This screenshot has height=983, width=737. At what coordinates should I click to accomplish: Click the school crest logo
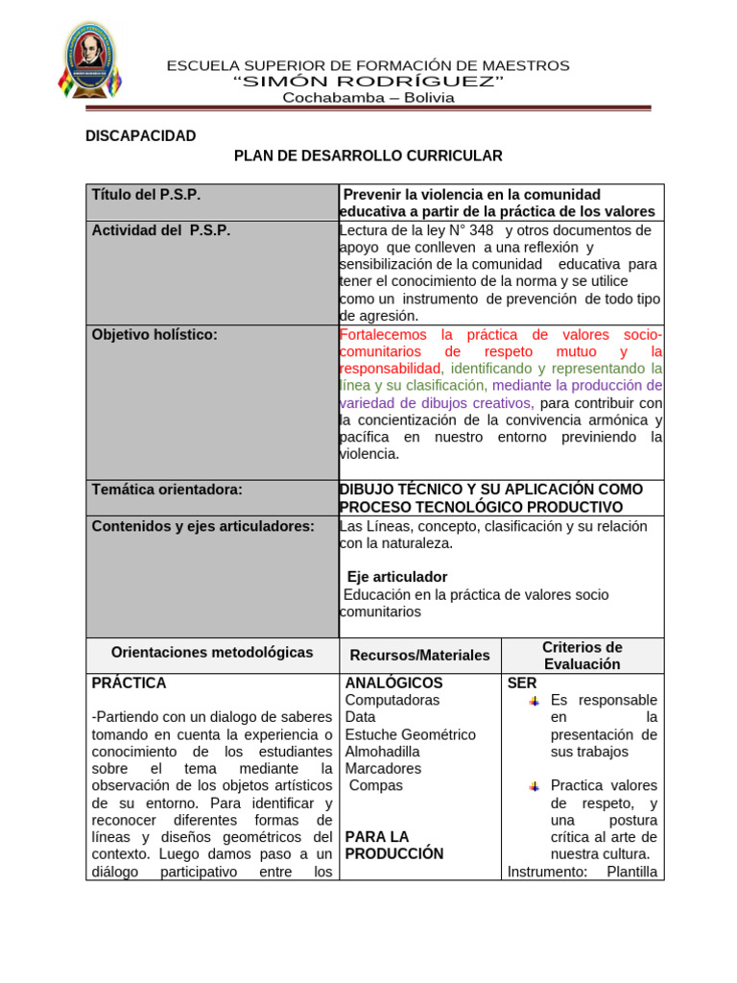(x=90, y=63)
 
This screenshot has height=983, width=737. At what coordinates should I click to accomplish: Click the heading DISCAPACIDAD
(x=140, y=136)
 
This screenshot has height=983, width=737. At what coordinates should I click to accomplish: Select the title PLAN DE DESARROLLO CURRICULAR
(x=368, y=156)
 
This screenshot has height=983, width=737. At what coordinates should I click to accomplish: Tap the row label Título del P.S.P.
(x=146, y=194)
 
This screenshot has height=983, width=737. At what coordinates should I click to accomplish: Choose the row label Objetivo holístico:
(x=155, y=334)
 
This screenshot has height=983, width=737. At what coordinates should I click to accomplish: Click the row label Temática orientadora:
(x=167, y=490)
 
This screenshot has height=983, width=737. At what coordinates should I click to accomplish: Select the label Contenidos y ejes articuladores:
(x=202, y=526)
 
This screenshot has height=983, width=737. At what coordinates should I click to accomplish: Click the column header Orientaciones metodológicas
(x=212, y=652)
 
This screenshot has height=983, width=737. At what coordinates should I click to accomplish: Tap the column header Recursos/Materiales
(x=419, y=656)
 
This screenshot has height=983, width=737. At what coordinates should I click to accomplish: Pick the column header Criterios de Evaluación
(x=582, y=656)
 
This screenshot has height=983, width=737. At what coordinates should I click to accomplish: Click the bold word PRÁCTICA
(x=129, y=683)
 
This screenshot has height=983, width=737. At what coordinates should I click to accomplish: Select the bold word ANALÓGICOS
(x=393, y=683)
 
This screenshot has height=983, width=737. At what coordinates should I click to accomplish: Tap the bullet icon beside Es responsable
(x=534, y=701)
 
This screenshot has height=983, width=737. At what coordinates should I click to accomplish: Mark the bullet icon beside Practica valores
(x=534, y=786)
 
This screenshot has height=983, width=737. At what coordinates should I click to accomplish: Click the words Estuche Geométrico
(x=410, y=734)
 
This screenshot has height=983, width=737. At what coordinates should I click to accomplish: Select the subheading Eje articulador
(x=396, y=577)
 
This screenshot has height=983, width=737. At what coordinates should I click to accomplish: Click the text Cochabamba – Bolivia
(x=368, y=97)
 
